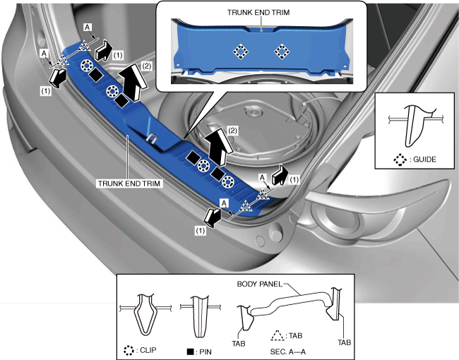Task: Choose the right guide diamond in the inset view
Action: pos(282,52)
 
